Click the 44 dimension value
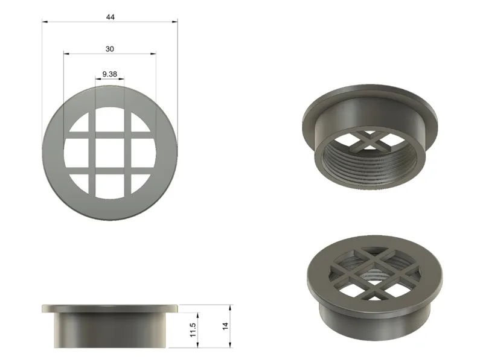[x=110, y=17]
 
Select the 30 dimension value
[x=110, y=49]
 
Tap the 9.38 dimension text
[x=110, y=74]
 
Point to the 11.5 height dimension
[x=193, y=329]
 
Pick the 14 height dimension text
[x=225, y=326]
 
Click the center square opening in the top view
[x=110, y=153]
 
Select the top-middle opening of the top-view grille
[x=110, y=119]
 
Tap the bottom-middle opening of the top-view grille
[x=110, y=186]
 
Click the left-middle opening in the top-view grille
[x=76, y=153]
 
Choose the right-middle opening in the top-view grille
[x=144, y=153]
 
